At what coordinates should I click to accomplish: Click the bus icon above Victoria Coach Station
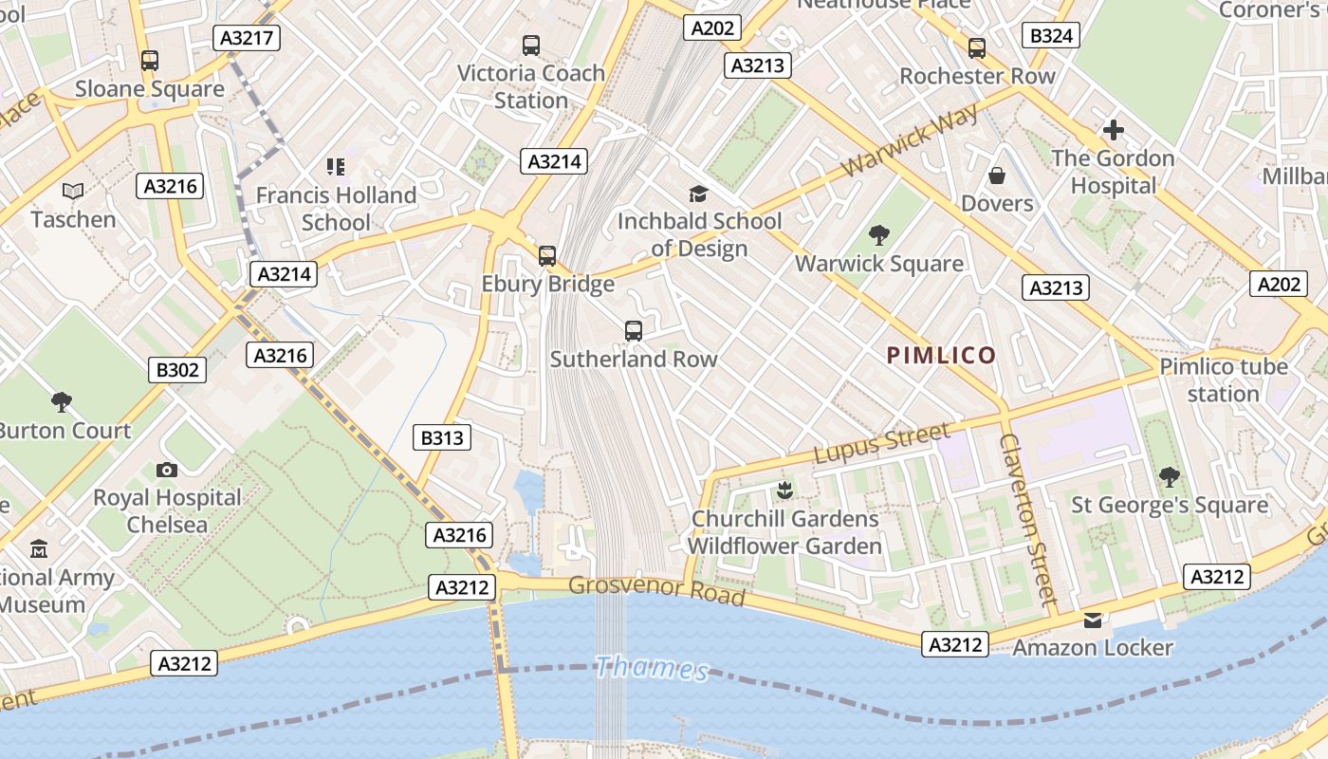point(531,45)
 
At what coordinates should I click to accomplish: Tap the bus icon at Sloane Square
point(150,60)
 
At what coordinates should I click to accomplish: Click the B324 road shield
point(1052,36)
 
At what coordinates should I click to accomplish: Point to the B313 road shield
point(442,437)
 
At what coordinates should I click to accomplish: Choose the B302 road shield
point(177,370)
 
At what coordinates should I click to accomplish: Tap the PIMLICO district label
point(941,356)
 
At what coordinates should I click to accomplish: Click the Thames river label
point(652,668)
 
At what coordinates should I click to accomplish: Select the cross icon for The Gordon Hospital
point(1114,130)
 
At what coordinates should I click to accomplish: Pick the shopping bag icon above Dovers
point(997,176)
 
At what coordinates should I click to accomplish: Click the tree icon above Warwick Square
point(879,234)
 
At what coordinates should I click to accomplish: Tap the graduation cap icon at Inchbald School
point(699,194)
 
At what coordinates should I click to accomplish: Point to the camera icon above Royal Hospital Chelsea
point(167,470)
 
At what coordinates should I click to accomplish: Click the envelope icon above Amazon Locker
point(1093,620)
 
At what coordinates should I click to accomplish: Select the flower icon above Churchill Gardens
point(784,491)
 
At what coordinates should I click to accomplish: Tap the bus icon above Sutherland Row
point(634,331)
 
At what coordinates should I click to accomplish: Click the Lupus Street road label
point(881,443)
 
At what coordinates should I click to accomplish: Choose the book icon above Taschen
point(73,191)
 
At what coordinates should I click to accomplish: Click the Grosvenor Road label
point(656,589)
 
